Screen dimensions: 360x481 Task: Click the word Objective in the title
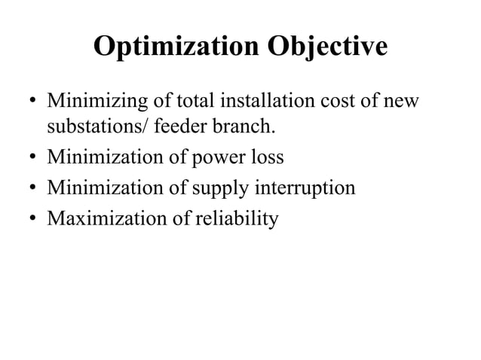coord(326,48)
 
